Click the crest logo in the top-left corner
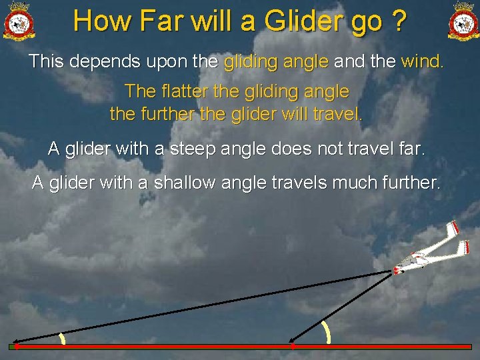19,21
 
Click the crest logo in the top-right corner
463,21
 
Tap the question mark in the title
398,21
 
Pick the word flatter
184,91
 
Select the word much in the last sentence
341,182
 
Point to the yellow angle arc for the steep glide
325,332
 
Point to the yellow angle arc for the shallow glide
62,339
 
